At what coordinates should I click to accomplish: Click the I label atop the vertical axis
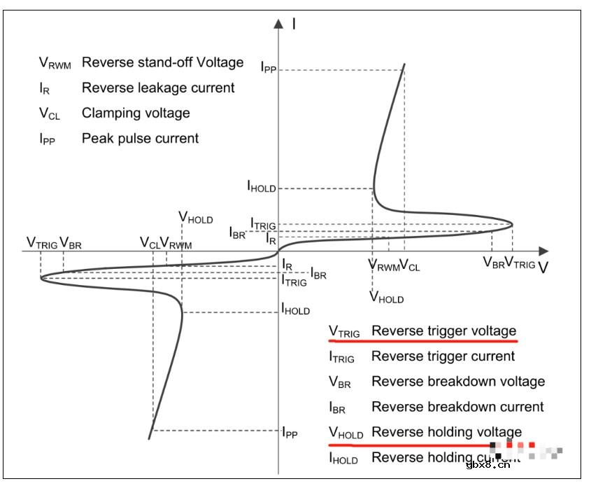coord(294,24)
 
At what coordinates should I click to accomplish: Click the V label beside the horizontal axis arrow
coord(543,268)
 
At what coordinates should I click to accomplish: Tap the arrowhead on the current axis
coord(279,24)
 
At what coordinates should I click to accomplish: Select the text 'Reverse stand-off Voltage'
coord(162,62)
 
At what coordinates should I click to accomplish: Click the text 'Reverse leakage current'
coord(158,88)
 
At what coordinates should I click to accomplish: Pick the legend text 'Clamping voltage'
coord(136,113)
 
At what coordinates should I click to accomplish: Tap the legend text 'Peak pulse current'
coord(140,138)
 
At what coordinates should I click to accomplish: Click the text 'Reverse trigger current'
coord(443,356)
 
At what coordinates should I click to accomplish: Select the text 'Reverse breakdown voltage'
coord(458,382)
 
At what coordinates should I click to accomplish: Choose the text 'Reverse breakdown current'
coord(457,407)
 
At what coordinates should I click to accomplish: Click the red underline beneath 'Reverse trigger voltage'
coord(423,341)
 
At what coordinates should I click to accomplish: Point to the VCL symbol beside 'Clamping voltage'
coord(49,113)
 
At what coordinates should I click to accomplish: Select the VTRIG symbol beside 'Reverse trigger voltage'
coord(344,332)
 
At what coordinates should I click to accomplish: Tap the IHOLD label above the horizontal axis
coord(261,187)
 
